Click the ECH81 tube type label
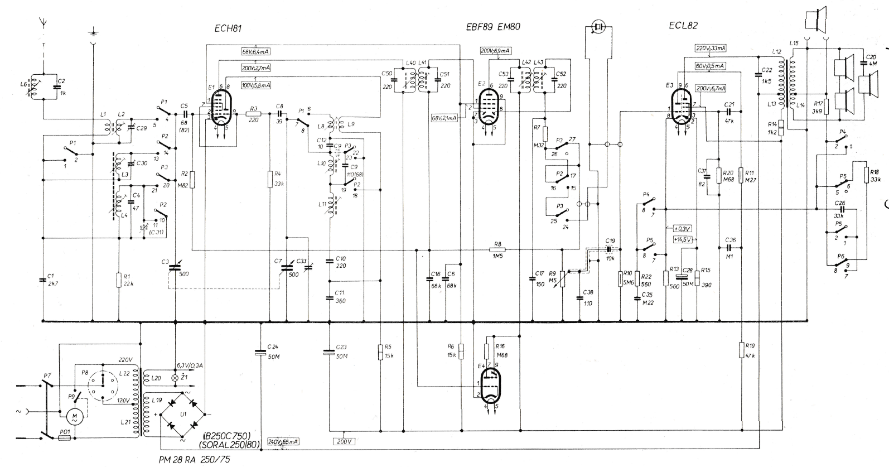(x=228, y=28)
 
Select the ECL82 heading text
(x=683, y=26)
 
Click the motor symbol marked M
(x=73, y=416)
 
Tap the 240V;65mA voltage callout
(x=283, y=441)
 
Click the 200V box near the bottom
(x=344, y=441)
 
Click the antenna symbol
(x=44, y=23)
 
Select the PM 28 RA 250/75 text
(x=194, y=460)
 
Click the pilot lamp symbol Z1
(x=179, y=378)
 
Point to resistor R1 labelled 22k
(x=118, y=280)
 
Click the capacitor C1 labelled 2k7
(x=43, y=280)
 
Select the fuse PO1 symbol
(x=65, y=439)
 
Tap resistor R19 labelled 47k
(x=742, y=350)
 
